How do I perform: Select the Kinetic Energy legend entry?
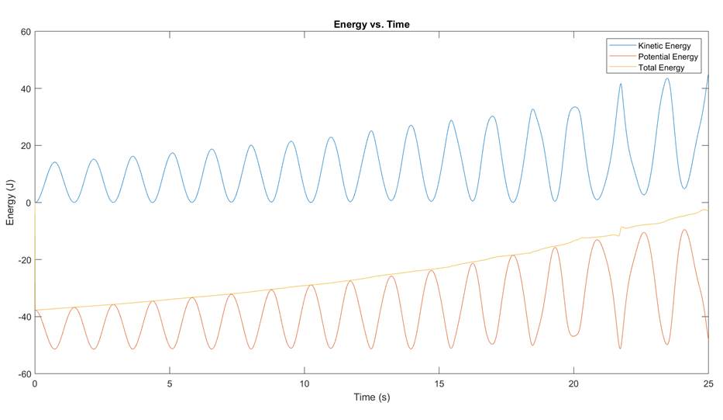[663, 46]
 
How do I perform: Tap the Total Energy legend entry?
[660, 68]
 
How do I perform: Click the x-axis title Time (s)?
[371, 397]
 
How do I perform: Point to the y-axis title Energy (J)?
[10, 203]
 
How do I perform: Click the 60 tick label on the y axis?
[25, 32]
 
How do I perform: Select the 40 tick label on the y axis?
[25, 89]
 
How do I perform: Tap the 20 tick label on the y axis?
[25, 146]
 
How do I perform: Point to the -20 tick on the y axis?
[23, 259]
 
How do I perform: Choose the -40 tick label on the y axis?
[23, 317]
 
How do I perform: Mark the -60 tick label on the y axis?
[23, 373]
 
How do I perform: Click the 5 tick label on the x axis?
[170, 384]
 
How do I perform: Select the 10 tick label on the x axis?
[305, 384]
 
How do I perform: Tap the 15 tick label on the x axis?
[439, 384]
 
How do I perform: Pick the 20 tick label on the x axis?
[573, 384]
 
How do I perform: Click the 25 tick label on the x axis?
[708, 384]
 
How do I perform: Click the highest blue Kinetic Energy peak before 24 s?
[667, 78]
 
